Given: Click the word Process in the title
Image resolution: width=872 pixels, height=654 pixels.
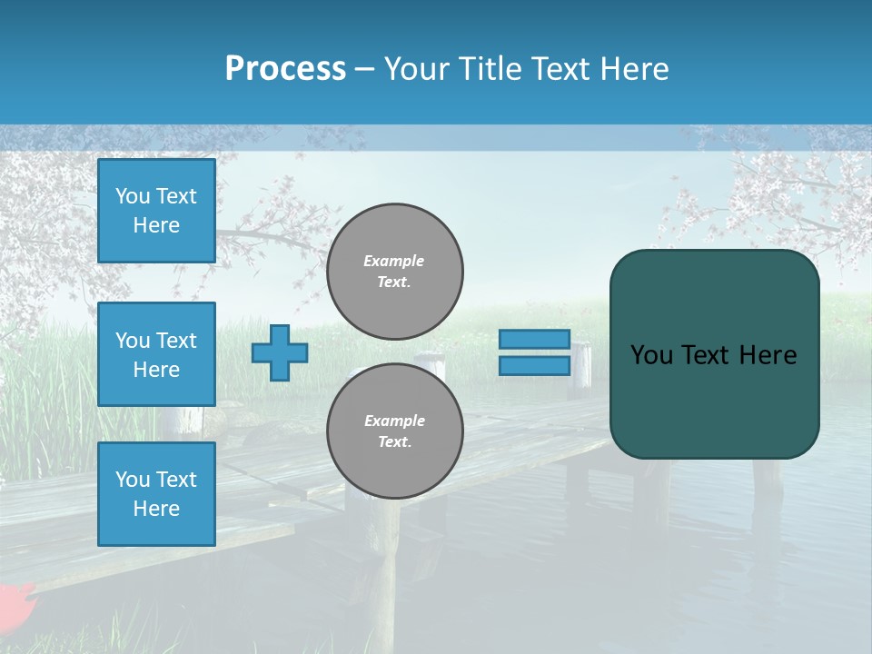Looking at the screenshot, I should [x=285, y=69].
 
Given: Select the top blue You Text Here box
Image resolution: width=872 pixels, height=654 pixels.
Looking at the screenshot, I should [x=156, y=211].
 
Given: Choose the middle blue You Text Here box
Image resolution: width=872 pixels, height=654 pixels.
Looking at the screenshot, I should [x=156, y=354].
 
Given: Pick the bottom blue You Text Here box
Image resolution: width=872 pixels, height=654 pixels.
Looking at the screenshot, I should [x=156, y=494].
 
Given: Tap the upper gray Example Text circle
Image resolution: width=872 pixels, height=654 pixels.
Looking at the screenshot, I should [x=395, y=272].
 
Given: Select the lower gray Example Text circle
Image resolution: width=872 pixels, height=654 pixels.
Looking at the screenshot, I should [x=395, y=431].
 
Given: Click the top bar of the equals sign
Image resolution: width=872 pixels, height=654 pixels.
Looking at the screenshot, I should [x=534, y=340].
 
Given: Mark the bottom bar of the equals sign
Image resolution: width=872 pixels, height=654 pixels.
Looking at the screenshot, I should [x=534, y=366].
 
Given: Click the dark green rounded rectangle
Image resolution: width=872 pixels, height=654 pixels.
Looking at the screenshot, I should [x=714, y=400].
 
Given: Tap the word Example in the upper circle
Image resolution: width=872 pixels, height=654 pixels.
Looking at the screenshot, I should [x=394, y=261].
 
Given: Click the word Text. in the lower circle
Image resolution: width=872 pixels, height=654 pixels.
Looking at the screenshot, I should [x=394, y=442].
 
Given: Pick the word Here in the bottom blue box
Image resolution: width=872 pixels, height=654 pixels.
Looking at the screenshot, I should [x=156, y=509].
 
